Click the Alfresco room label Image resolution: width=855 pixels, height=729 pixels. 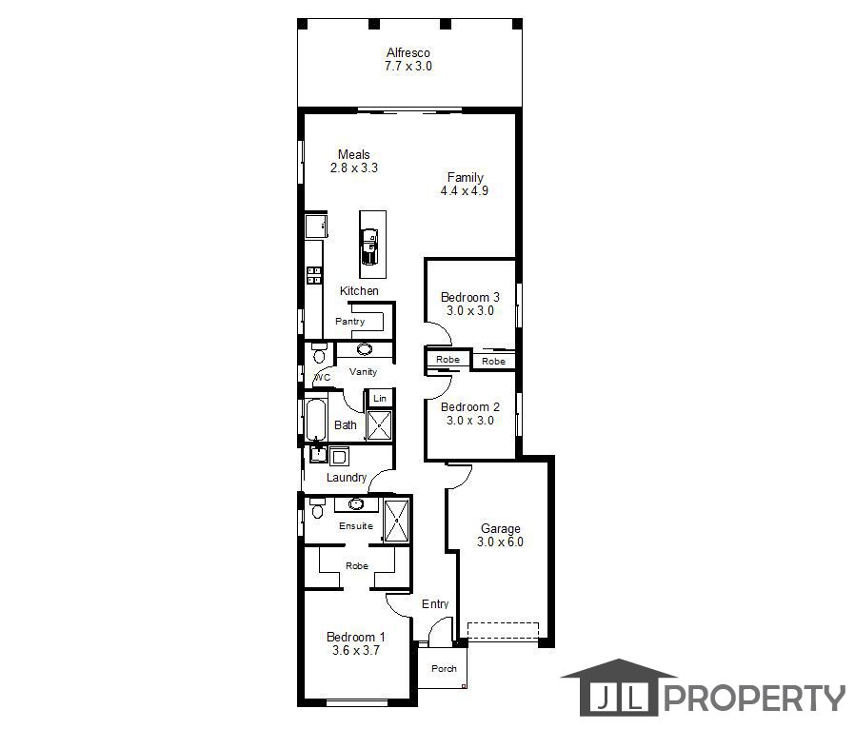(x=408, y=53)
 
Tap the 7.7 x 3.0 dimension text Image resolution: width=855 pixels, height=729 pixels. (x=408, y=66)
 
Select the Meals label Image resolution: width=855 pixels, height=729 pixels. (x=354, y=154)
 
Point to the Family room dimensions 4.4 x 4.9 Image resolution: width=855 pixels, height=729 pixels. (x=465, y=190)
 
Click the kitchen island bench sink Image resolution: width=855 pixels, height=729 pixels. (x=369, y=246)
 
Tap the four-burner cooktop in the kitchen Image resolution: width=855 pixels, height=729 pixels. (x=313, y=275)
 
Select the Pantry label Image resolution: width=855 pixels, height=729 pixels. (x=350, y=321)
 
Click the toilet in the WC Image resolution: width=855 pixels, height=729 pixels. (x=319, y=352)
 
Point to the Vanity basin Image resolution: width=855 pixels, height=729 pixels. (x=365, y=348)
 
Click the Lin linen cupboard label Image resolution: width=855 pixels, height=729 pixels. (x=380, y=398)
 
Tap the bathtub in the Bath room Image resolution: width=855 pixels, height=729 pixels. (x=316, y=420)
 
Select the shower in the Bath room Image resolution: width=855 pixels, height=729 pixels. (x=379, y=425)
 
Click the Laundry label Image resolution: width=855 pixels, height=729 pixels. (x=347, y=478)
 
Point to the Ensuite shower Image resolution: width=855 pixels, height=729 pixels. (x=396, y=521)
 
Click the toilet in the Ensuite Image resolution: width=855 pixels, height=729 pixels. (x=317, y=508)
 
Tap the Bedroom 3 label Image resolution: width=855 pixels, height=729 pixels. (x=470, y=297)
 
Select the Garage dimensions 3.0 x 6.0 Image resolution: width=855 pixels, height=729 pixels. (x=500, y=542)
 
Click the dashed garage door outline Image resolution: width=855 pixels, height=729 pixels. (x=503, y=631)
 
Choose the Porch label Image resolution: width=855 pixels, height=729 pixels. (x=444, y=668)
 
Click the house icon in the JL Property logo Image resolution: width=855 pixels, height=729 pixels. (x=618, y=687)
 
